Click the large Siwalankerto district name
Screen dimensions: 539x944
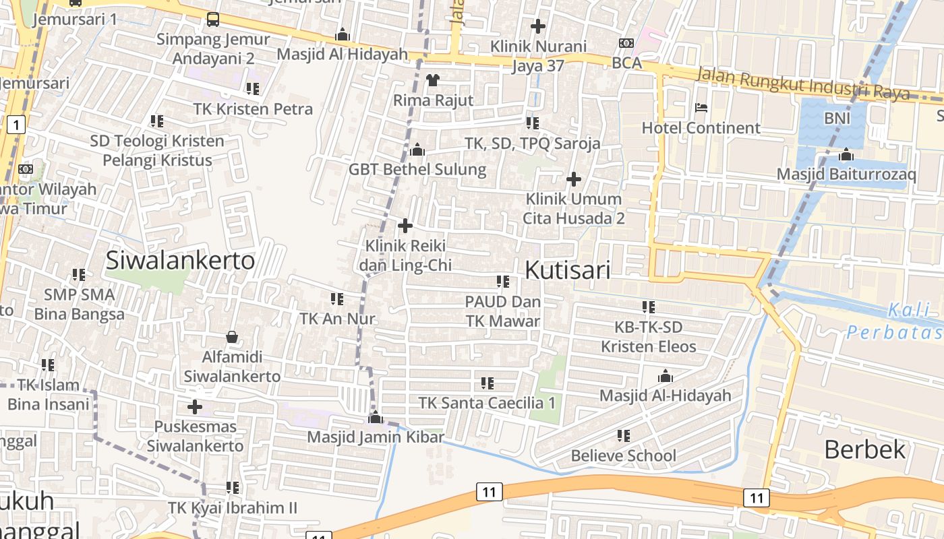point(180,261)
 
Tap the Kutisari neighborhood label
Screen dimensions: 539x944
point(567,270)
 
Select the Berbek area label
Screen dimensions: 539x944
point(864,449)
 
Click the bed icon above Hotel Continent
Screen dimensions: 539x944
point(701,108)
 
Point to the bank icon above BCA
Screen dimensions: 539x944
point(626,43)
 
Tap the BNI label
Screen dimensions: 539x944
point(837,119)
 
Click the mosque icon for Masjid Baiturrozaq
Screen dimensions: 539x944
point(846,155)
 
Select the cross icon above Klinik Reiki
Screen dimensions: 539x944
point(405,226)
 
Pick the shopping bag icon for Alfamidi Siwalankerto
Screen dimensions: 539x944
point(232,336)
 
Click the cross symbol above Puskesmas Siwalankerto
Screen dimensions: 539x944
point(195,407)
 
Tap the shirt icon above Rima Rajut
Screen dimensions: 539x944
point(433,80)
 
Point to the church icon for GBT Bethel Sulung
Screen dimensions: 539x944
point(417,150)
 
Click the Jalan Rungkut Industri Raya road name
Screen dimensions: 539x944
point(802,84)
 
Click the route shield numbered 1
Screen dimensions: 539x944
point(16,124)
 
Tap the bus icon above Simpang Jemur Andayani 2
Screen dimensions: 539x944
point(213,19)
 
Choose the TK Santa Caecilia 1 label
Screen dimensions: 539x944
point(487,403)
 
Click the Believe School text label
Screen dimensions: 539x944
point(623,455)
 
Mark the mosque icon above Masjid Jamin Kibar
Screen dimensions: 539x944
point(376,418)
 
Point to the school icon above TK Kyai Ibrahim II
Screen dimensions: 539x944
point(233,487)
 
